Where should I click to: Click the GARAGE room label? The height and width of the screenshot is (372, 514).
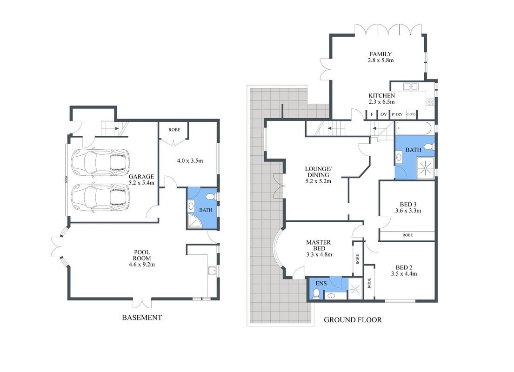(141, 176)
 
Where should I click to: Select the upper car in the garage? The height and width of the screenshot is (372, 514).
(100, 162)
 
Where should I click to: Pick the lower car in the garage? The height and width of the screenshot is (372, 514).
(100, 197)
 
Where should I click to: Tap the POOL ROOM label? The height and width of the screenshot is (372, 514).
(142, 255)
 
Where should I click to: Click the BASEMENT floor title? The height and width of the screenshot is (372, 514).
(142, 318)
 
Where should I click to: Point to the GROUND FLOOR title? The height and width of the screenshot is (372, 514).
(353, 320)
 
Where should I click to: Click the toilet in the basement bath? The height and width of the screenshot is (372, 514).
(210, 197)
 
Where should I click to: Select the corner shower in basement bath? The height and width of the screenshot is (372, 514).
(195, 221)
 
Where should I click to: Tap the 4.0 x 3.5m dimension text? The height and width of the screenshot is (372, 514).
(190, 160)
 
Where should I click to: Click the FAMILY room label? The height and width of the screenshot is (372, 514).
(380, 54)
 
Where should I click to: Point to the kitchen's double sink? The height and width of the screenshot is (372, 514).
(411, 86)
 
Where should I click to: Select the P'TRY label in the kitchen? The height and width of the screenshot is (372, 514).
(397, 114)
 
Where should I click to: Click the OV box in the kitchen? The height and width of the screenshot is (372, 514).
(384, 114)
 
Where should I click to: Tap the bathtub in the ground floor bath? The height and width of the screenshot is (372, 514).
(414, 128)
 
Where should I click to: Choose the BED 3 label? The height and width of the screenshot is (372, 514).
(408, 205)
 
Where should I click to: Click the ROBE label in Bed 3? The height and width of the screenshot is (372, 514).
(407, 235)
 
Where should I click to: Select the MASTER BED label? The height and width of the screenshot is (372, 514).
(318, 246)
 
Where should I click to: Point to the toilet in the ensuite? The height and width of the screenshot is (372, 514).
(316, 294)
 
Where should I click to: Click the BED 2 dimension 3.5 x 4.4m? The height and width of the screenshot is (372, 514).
(404, 274)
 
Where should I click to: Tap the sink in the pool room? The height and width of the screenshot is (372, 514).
(212, 271)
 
